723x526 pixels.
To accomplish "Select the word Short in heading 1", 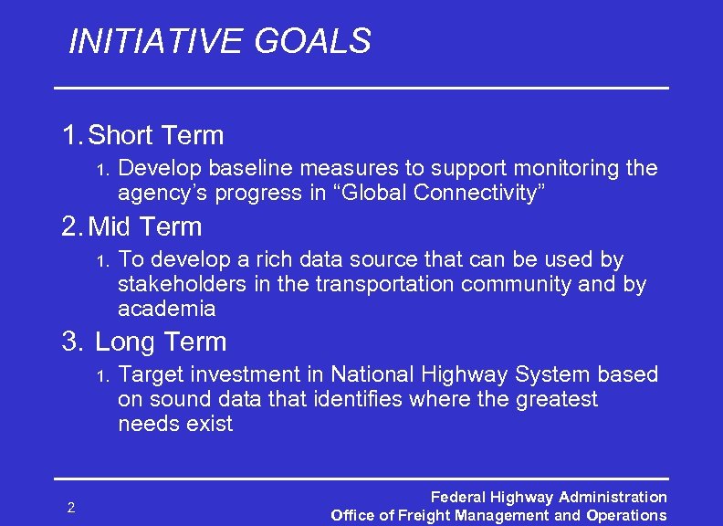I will [121, 136].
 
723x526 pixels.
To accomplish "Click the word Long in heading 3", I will [125, 342].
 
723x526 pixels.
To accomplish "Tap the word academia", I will [166, 310].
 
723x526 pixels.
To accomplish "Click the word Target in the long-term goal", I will [152, 374].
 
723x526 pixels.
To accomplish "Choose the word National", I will [372, 374].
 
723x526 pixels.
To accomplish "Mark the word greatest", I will [553, 399].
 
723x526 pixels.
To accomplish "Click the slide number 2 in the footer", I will [70, 507].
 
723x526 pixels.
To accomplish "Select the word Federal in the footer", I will [457, 498].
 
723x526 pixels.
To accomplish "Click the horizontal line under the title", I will [361, 87].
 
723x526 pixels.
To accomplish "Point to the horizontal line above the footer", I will [361, 478].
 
